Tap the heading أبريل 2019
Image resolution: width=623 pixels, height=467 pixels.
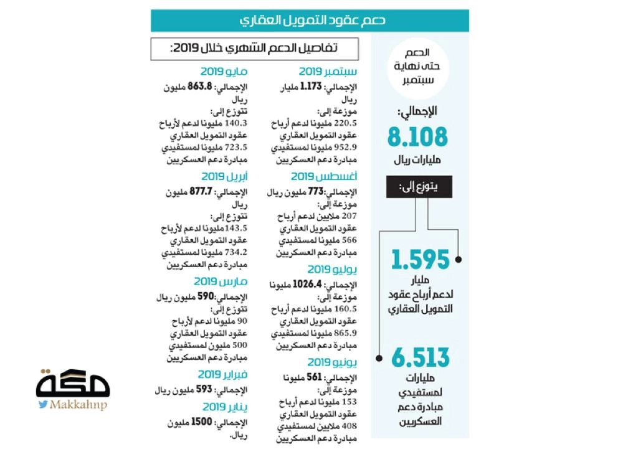[225, 176]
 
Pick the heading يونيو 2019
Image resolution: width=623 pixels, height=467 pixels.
[332, 362]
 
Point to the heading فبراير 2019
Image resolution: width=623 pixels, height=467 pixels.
[223, 374]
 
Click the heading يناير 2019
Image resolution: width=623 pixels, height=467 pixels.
[226, 407]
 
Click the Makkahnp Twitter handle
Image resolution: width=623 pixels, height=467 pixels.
[72, 405]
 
